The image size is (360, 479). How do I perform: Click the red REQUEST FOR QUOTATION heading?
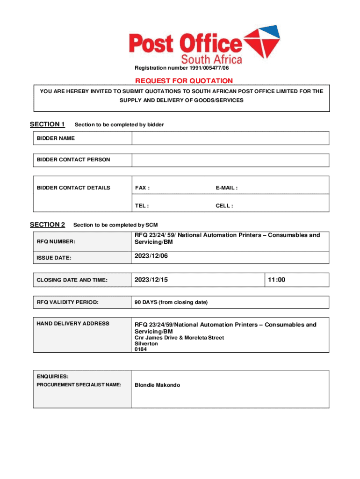[184, 81]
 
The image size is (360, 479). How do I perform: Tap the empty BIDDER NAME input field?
[230, 138]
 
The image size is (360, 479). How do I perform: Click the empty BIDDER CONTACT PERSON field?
[230, 160]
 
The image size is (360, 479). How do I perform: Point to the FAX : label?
[143, 188]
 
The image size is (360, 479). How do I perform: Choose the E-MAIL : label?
[227, 188]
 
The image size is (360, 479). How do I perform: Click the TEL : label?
[142, 205]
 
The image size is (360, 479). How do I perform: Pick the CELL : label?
[224, 205]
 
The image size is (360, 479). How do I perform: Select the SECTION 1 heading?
[47, 124]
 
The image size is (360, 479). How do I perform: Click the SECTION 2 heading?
[47, 225]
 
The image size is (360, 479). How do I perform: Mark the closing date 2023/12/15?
[151, 280]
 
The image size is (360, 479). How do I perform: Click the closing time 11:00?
[276, 280]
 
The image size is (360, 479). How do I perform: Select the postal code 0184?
[141, 349]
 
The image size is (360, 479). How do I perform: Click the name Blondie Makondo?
[157, 385]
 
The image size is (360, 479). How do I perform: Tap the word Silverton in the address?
[146, 343]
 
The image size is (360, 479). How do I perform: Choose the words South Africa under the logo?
[211, 59]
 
